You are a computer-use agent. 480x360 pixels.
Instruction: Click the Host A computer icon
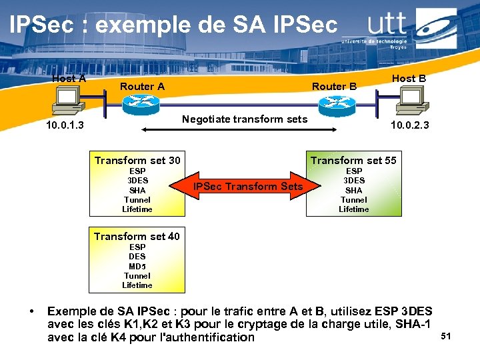68,101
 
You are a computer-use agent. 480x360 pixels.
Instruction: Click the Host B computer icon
410,101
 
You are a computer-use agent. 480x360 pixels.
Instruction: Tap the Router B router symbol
333,103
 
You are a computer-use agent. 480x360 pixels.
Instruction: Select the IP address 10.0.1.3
64,125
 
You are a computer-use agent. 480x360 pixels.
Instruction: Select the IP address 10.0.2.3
409,125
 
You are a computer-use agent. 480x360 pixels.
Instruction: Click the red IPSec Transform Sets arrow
247,186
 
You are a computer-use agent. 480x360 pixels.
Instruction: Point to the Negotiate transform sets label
245,119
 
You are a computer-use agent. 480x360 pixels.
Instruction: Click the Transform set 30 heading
137,160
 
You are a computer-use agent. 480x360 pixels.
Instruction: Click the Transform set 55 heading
353,160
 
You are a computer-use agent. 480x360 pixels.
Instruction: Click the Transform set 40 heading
137,236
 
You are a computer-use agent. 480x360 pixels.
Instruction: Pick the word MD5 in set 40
137,266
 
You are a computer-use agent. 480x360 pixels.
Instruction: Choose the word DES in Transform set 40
137,256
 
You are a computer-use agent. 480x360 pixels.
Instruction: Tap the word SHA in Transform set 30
137,190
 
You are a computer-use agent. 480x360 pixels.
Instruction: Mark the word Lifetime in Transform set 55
353,209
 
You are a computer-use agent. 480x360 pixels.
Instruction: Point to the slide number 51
446,337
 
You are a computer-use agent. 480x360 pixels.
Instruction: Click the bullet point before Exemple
31,311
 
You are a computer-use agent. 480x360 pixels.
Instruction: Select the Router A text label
142,86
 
